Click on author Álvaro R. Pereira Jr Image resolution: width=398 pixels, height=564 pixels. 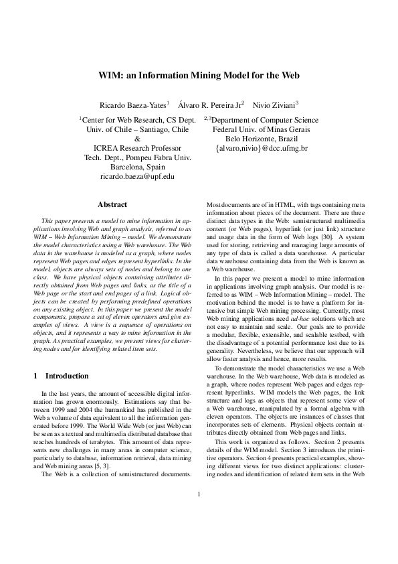click(215, 105)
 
